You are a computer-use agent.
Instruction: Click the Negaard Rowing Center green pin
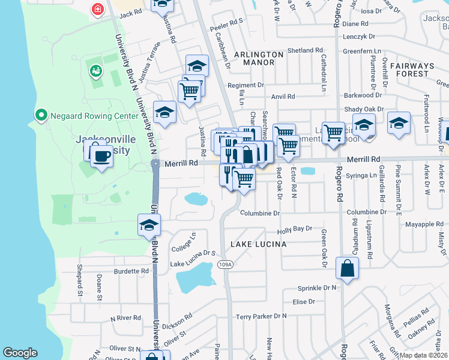click(x=41, y=114)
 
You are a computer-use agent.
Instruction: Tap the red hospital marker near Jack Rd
click(x=97, y=9)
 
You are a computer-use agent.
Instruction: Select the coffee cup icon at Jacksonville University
click(x=101, y=157)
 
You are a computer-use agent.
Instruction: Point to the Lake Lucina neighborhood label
click(x=258, y=244)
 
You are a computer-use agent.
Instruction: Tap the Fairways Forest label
click(x=412, y=69)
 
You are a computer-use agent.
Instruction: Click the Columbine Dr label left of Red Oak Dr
click(x=260, y=213)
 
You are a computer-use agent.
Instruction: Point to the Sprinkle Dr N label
click(x=314, y=288)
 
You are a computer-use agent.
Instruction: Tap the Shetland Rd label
click(x=305, y=50)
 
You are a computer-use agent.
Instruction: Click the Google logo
click(x=20, y=353)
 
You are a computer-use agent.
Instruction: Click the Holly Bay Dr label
click(x=295, y=229)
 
